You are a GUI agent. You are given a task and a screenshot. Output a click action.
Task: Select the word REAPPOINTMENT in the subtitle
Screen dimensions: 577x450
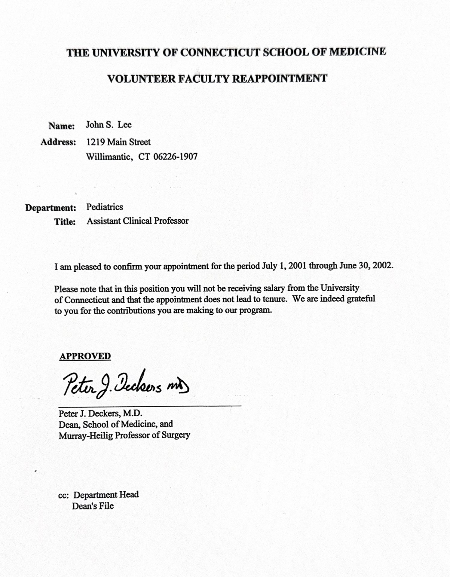coord(280,79)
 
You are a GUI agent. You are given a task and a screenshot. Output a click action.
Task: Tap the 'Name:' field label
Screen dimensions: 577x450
coord(61,126)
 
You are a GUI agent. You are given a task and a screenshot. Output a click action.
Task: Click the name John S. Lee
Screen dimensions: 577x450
coord(109,125)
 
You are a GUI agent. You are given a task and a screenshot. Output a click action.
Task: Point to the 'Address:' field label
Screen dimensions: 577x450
coord(58,142)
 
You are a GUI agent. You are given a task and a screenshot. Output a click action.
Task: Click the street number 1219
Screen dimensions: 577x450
coord(96,142)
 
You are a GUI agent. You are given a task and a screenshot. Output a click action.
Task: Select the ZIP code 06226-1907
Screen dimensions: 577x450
coord(175,157)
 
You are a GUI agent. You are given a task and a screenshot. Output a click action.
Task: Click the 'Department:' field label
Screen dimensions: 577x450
coord(51,208)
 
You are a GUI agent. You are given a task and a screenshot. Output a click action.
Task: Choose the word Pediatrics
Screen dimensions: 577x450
coord(105,207)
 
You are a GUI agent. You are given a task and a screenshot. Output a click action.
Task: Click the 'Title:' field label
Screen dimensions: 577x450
coord(65,222)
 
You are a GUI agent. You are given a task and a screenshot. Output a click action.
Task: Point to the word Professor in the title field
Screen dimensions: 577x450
coord(171,221)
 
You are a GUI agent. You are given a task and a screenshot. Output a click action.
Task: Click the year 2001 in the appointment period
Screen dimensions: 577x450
coord(298,266)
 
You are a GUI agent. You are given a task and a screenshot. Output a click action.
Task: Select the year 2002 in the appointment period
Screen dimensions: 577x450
coord(382,266)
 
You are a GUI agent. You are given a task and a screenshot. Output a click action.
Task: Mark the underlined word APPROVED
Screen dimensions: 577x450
coord(85,356)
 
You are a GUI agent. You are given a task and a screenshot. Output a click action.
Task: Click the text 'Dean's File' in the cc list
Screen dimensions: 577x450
coord(93,506)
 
